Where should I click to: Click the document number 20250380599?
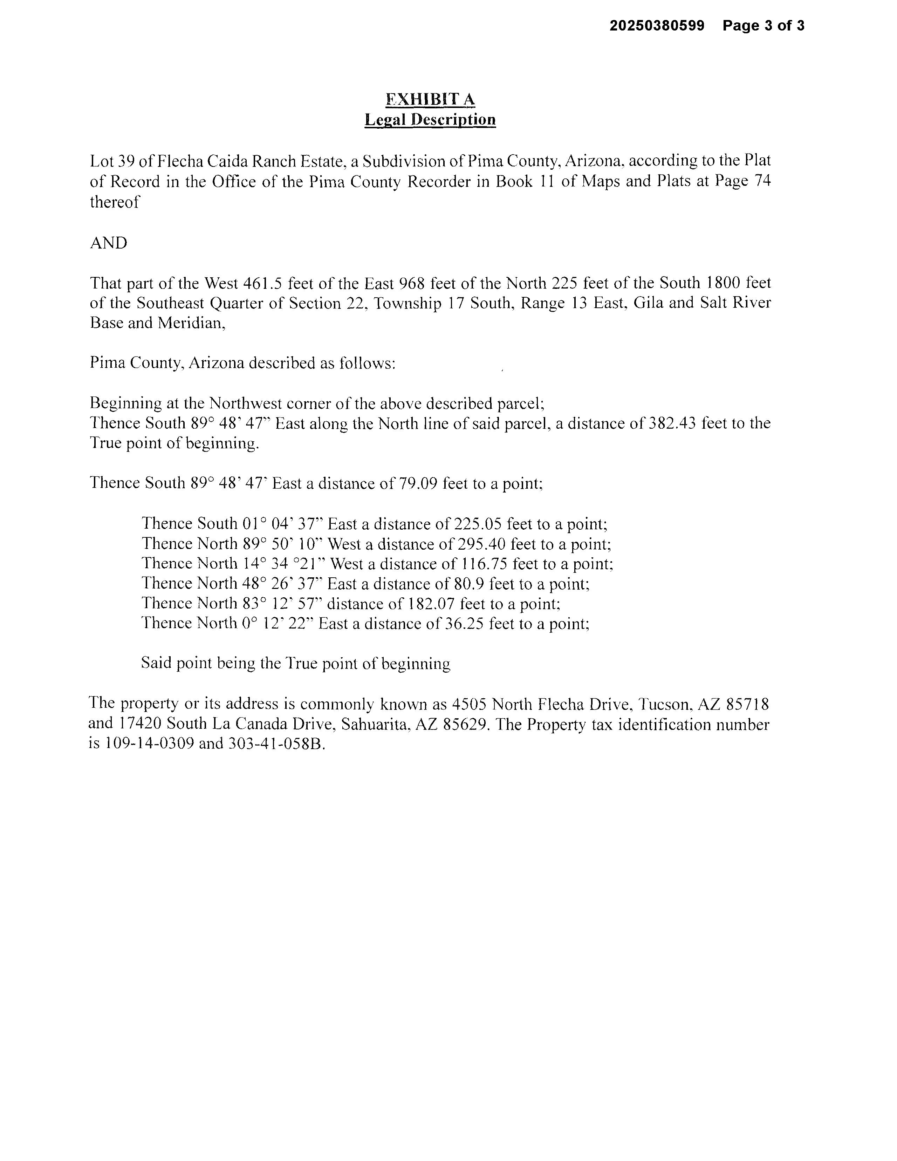click(657, 26)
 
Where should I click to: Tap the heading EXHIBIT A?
click(430, 100)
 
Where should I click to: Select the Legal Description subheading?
click(430, 120)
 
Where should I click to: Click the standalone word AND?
click(108, 243)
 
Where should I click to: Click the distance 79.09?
click(418, 483)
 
